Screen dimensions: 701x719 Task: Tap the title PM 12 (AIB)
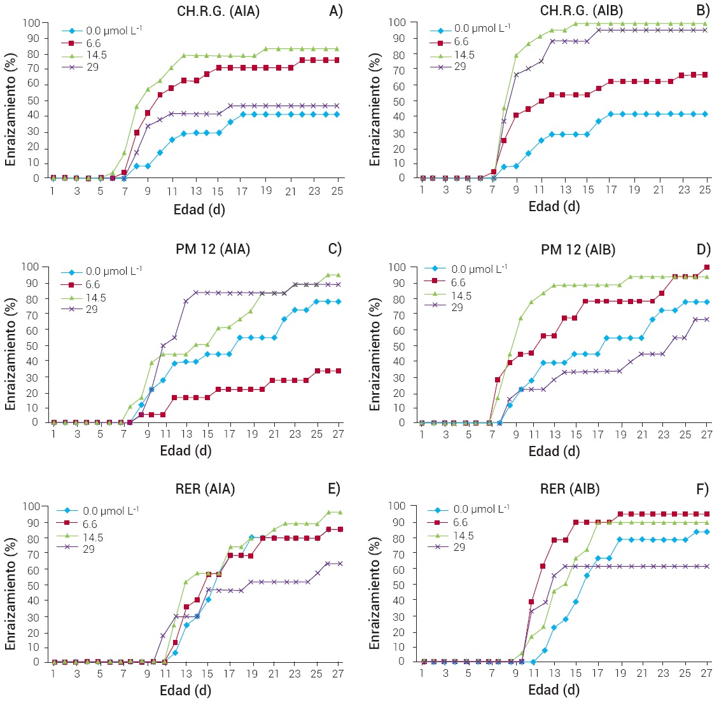point(578,250)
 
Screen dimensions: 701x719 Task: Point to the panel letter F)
point(702,489)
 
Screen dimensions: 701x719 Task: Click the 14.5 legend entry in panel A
point(95,55)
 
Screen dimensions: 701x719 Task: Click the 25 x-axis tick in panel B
point(704,190)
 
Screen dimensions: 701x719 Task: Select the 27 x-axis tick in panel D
point(707,434)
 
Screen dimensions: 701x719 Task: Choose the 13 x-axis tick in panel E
point(186,674)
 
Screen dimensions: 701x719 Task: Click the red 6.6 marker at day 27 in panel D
point(707,267)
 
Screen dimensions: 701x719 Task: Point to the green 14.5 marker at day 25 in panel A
point(337,48)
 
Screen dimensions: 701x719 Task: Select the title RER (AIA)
point(206,489)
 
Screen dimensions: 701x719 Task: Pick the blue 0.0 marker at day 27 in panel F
point(707,532)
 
